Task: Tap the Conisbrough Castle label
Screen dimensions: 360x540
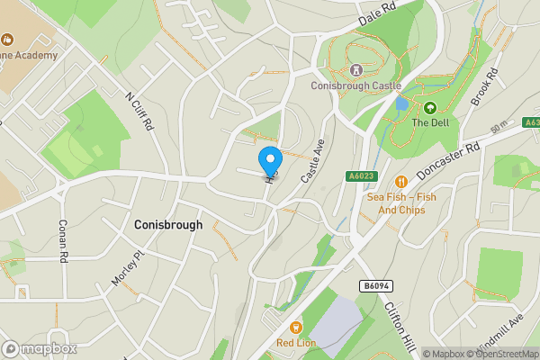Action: pyautogui.click(x=355, y=86)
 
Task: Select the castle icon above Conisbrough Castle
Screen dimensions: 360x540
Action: pyautogui.click(x=355, y=69)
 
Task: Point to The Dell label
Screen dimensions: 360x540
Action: pyautogui.click(x=430, y=122)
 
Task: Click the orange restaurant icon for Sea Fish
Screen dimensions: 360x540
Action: pyautogui.click(x=401, y=179)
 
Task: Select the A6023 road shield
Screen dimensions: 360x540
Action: pyautogui.click(x=360, y=177)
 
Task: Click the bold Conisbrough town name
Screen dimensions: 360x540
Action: pyautogui.click(x=167, y=224)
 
